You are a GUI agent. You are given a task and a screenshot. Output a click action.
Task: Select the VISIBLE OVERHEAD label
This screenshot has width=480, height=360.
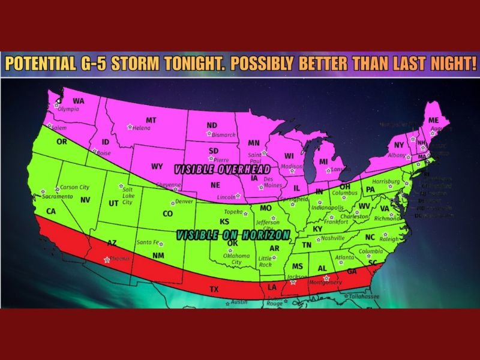[211, 170]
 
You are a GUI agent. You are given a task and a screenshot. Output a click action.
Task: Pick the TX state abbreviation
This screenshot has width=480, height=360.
[214, 290]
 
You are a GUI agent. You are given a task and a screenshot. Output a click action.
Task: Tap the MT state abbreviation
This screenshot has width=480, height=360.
[151, 120]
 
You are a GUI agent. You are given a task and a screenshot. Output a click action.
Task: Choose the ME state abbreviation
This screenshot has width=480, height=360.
[434, 121]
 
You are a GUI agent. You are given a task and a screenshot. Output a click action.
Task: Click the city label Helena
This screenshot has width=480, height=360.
[142, 128]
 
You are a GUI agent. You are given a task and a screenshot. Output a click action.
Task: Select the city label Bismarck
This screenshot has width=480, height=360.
[224, 134]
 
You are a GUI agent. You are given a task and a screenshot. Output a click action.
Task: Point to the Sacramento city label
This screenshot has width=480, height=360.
[58, 196]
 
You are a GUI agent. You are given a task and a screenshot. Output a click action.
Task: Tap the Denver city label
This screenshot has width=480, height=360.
[184, 202]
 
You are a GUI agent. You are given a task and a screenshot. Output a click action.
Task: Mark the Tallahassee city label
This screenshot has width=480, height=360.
[365, 296]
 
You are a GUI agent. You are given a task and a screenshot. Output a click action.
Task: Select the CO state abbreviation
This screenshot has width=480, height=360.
[168, 214]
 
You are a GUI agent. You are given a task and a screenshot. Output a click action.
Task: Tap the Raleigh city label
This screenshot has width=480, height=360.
[389, 239]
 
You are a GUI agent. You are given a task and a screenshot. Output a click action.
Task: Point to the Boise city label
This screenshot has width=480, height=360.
[104, 152]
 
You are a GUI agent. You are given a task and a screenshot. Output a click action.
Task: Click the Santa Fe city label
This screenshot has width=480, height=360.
[148, 242]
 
